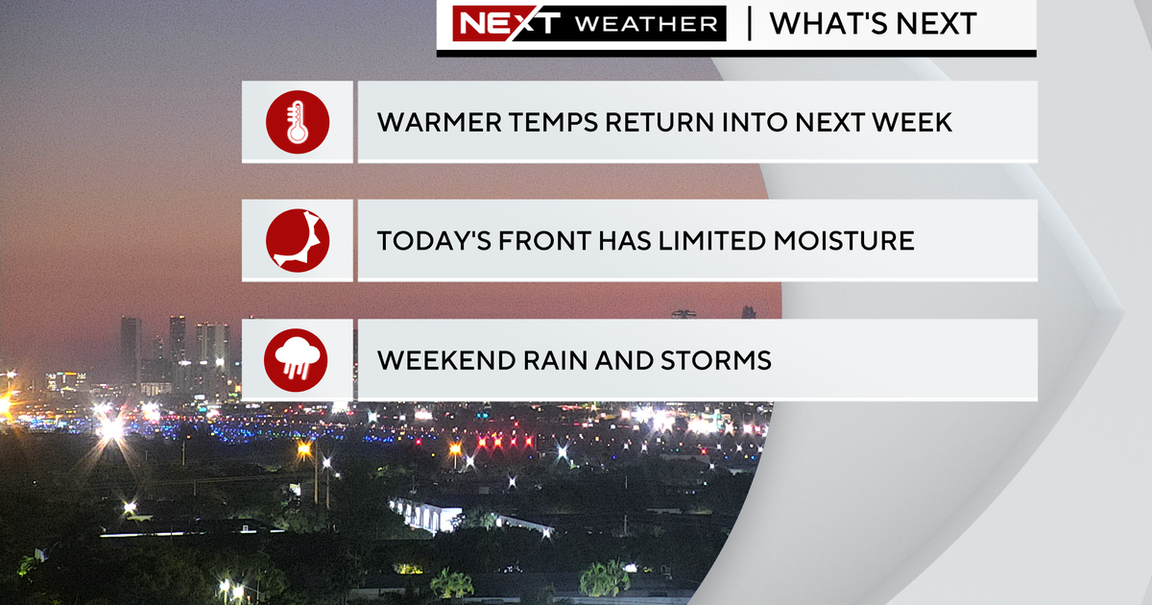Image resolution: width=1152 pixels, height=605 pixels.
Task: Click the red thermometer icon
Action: pos(298,122)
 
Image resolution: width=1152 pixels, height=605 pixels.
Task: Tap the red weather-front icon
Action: pos(298,240)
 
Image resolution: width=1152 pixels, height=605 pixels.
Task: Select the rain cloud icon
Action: pos(296,360)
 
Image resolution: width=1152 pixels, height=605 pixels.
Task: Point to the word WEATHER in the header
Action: pos(646,24)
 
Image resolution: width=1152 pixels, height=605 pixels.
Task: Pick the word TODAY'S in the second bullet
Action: pos(434,241)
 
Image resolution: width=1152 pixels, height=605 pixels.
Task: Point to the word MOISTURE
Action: pos(844,241)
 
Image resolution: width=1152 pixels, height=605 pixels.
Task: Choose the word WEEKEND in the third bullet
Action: pos(446,360)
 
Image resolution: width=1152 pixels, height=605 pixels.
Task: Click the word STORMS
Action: pos(716,360)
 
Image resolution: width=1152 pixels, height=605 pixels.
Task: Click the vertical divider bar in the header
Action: pos(750,24)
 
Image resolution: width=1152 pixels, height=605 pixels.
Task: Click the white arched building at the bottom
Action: pos(425,515)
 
